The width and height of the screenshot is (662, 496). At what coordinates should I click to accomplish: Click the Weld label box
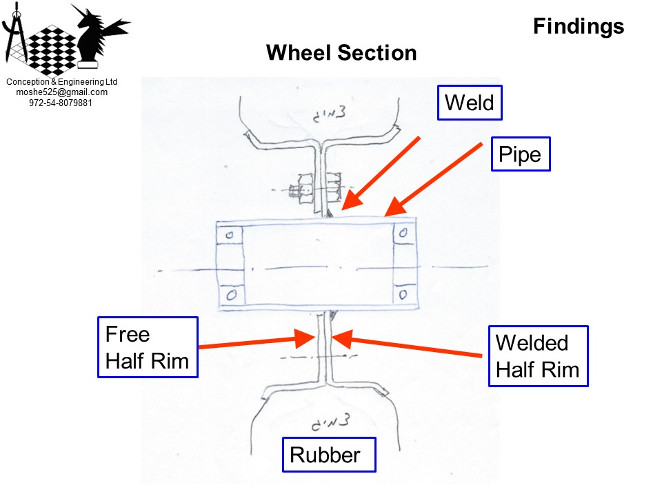(470, 103)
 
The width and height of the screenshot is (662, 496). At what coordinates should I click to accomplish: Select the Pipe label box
(520, 155)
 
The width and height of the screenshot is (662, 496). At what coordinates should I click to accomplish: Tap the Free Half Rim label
(148, 347)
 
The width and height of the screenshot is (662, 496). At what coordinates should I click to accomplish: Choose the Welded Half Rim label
(539, 355)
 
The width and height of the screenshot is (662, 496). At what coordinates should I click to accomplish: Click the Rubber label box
(329, 455)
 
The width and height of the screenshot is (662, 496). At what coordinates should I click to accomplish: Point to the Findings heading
(578, 26)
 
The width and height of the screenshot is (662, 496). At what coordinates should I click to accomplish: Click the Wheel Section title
(341, 52)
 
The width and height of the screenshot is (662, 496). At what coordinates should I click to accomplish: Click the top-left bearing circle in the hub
(230, 234)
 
